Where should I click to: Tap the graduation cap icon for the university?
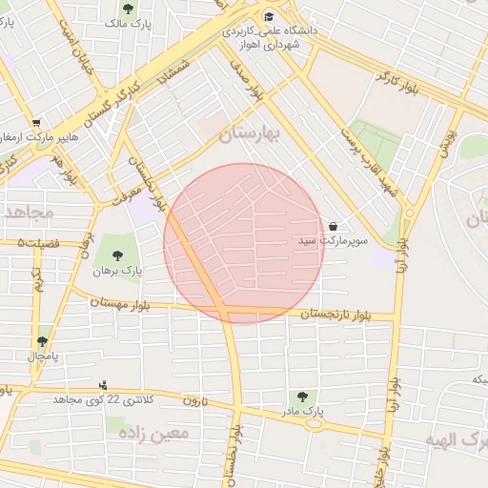point(269,16)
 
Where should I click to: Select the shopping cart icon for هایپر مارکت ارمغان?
point(36,123)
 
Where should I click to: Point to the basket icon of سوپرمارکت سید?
point(333,226)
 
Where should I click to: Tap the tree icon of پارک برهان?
point(116,254)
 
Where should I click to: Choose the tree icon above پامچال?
point(42,340)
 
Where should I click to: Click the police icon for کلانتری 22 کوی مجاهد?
point(103,384)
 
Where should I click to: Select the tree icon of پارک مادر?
point(302,396)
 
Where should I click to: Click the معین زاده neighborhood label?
point(153,432)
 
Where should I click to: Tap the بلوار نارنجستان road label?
point(334,315)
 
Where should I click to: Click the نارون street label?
point(193,398)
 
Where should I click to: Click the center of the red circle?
point(244,244)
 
